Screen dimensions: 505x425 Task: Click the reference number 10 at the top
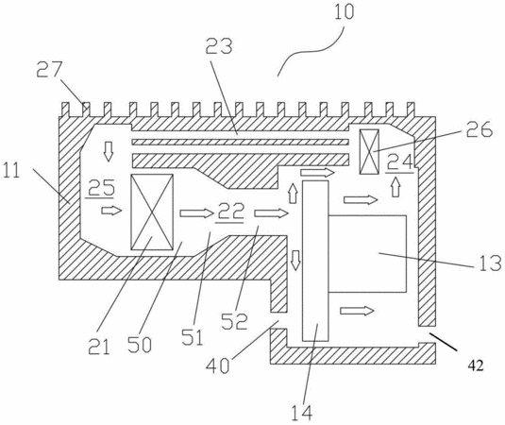click(344, 12)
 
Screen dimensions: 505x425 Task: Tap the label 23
click(219, 46)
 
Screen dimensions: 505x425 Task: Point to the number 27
click(48, 70)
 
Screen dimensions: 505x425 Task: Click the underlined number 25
click(101, 188)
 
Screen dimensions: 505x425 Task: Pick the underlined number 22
click(230, 212)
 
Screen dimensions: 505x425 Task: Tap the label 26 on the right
click(480, 128)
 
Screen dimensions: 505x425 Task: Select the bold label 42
click(476, 366)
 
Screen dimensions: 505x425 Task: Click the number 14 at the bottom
click(302, 413)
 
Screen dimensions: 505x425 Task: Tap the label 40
click(218, 365)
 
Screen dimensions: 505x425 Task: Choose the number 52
click(234, 321)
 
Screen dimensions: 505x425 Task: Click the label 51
click(193, 337)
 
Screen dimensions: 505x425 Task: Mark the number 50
click(139, 345)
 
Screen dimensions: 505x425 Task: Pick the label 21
click(99, 347)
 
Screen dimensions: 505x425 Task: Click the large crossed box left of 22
click(152, 212)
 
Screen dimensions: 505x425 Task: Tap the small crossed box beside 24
click(369, 152)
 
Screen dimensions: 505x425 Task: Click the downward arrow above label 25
click(109, 151)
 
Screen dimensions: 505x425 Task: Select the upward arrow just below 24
click(396, 188)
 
